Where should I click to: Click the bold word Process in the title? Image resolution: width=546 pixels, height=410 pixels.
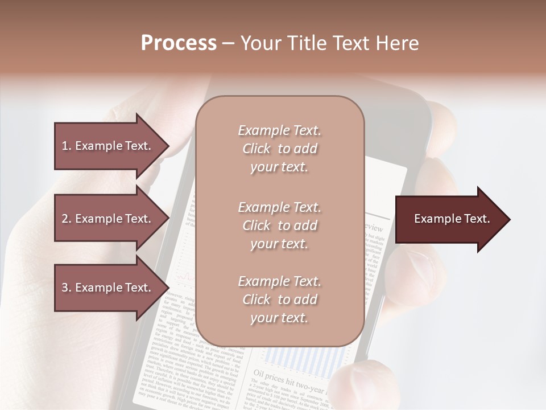pos(179,43)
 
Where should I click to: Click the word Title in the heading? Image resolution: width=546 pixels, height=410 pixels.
pos(308,43)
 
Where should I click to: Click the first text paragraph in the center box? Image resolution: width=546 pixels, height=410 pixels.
pos(279,149)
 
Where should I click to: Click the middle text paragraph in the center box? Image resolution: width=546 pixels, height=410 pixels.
pos(279,225)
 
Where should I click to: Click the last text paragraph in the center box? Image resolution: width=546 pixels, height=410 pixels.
pos(279,300)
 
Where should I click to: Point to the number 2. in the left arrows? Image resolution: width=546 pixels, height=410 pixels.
pos(67,219)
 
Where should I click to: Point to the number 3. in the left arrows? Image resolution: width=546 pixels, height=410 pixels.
pos(67,288)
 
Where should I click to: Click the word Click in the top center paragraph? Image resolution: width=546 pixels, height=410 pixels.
pos(257,149)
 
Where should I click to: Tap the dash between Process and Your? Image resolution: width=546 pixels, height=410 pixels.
pos(229,43)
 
